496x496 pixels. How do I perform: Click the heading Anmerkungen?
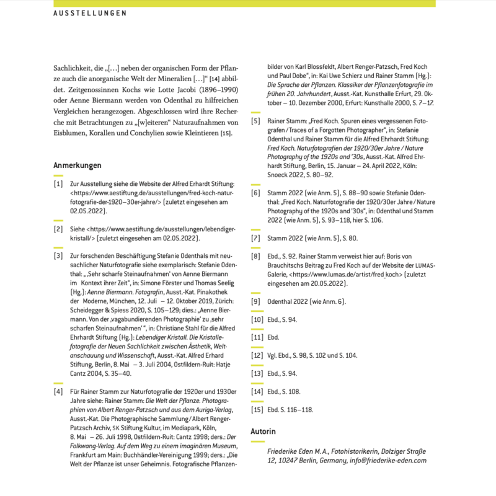pos(77,166)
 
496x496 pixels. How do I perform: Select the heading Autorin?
pos(263,431)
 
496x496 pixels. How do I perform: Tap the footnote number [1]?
pos(58,185)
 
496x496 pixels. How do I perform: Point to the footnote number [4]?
pos(58,392)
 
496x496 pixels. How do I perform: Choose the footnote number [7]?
pos(255,237)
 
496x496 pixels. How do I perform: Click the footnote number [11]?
pos(257,338)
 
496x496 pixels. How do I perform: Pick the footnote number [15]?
pos(257,410)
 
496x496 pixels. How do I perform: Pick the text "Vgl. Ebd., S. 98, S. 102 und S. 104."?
pos(312,356)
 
